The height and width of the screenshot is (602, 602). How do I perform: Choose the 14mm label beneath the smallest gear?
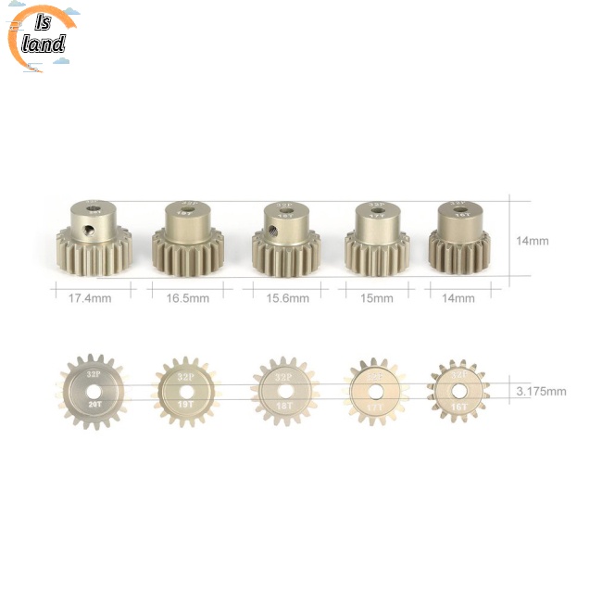[x=458, y=298]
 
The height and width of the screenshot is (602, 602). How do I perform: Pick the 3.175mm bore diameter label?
[x=541, y=391]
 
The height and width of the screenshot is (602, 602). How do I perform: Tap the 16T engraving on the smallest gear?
[x=458, y=405]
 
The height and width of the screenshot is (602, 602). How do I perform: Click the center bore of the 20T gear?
[x=94, y=390]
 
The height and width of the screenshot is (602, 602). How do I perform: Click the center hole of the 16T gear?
[x=458, y=390]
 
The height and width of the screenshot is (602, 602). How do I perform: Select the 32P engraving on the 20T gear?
[x=94, y=374]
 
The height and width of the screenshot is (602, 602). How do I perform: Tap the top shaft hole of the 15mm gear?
[x=377, y=209]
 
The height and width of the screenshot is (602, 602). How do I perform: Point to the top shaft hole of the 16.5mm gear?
[x=190, y=209]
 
